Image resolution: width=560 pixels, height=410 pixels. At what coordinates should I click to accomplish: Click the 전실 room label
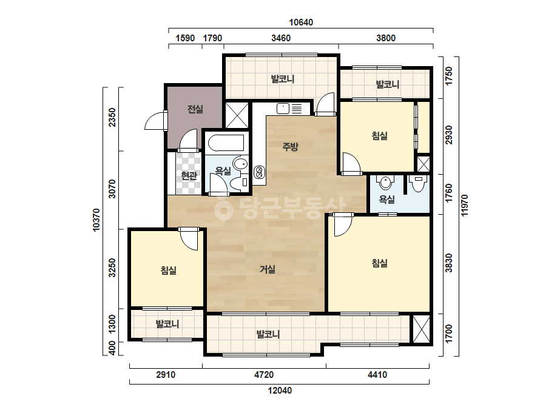coord(195,109)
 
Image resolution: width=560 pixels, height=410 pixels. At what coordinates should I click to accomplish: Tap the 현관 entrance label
coord(189,175)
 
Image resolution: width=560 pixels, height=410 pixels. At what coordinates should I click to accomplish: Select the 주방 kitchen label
coord(290,146)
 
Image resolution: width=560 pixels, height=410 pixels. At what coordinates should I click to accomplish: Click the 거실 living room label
coord(267,269)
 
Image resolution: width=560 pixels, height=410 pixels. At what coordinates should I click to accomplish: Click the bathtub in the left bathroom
coord(226,143)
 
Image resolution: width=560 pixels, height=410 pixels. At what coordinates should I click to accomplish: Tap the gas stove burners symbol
coord(258,172)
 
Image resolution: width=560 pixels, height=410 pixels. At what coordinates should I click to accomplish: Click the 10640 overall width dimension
coord(301,22)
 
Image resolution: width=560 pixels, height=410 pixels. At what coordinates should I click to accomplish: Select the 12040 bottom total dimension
coord(280,391)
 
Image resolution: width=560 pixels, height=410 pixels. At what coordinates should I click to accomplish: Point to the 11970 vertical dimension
coord(464,205)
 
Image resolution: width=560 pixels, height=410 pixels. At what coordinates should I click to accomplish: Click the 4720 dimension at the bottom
coord(263,375)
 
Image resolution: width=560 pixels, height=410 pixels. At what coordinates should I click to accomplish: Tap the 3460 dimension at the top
coord(281,38)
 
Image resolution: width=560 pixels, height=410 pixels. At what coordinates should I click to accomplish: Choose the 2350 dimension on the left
coord(112,117)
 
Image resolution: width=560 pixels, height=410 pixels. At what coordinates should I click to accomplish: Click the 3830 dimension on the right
coord(448,263)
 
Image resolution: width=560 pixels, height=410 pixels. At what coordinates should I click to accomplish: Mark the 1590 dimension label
coord(185,38)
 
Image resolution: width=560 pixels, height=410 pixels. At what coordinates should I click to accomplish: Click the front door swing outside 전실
coord(153,121)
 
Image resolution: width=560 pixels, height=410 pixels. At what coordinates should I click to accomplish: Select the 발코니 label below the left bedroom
coord(167,324)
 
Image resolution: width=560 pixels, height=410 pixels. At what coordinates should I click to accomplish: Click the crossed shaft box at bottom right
coord(422,329)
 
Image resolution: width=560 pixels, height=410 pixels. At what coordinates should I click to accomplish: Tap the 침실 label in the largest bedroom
coord(379,263)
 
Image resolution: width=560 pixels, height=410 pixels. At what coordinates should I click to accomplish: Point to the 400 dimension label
coord(112,348)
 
